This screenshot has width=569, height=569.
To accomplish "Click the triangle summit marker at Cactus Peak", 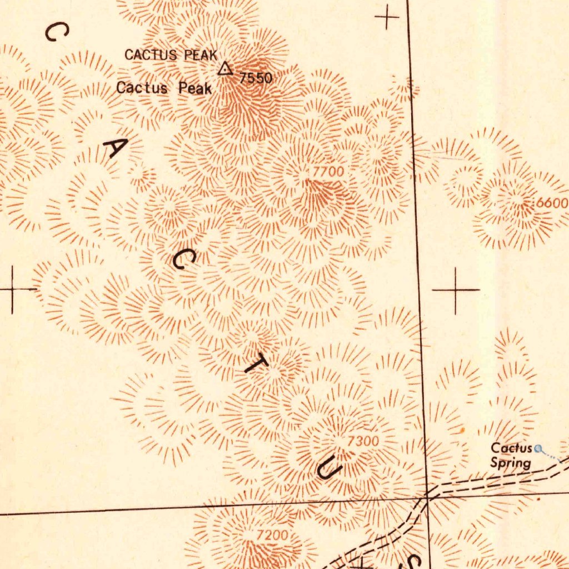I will (224, 69).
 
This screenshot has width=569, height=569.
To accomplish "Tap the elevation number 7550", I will (256, 78).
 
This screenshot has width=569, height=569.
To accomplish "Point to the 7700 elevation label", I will (328, 172).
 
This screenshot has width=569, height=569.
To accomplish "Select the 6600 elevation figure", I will (552, 203).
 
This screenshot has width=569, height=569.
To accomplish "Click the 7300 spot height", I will (363, 441).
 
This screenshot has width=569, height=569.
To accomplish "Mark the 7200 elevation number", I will (272, 536).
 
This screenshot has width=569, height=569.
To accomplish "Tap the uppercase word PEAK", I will (201, 55).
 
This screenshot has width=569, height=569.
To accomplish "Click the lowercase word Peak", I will (195, 88).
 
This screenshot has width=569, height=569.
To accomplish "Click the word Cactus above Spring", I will (511, 448).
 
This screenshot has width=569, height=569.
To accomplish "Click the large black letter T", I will (257, 363).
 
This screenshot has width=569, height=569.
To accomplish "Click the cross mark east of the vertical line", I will (456, 290).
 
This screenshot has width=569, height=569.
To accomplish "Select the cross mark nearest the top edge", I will (387, 18).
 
